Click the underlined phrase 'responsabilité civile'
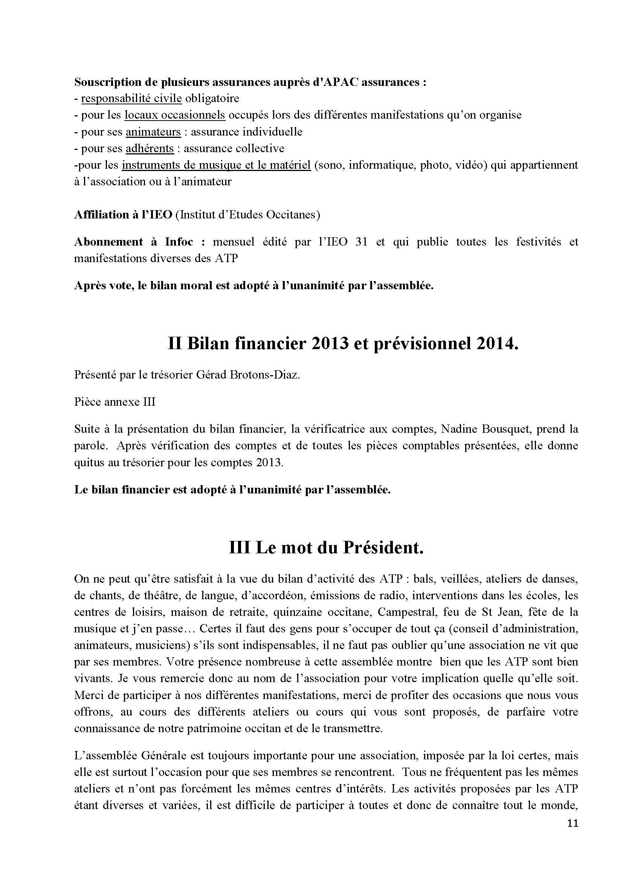tap(131, 98)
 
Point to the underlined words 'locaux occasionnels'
tap(175, 115)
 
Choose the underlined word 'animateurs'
tap(153, 131)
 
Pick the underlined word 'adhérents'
tap(150, 148)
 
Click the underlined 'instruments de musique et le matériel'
tap(216, 165)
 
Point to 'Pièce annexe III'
tap(115, 402)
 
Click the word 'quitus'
tap(87, 463)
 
